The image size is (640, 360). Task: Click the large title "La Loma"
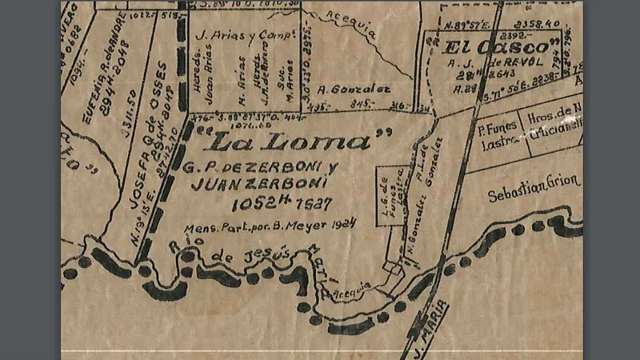[x=288, y=142]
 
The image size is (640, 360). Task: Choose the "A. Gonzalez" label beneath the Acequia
[x=342, y=90]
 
